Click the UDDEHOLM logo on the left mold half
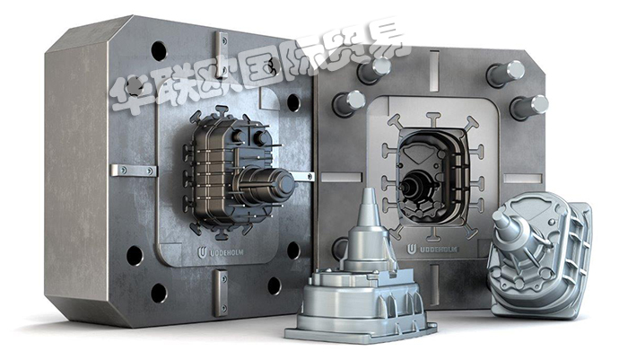click(220, 252)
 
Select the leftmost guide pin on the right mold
click(348, 102)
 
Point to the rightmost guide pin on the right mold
click(529, 107)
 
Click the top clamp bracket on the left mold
click(221, 54)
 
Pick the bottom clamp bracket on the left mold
click(221, 293)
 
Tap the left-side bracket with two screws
click(134, 171)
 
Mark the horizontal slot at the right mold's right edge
click(523, 179)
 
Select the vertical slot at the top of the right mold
click(433, 71)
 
